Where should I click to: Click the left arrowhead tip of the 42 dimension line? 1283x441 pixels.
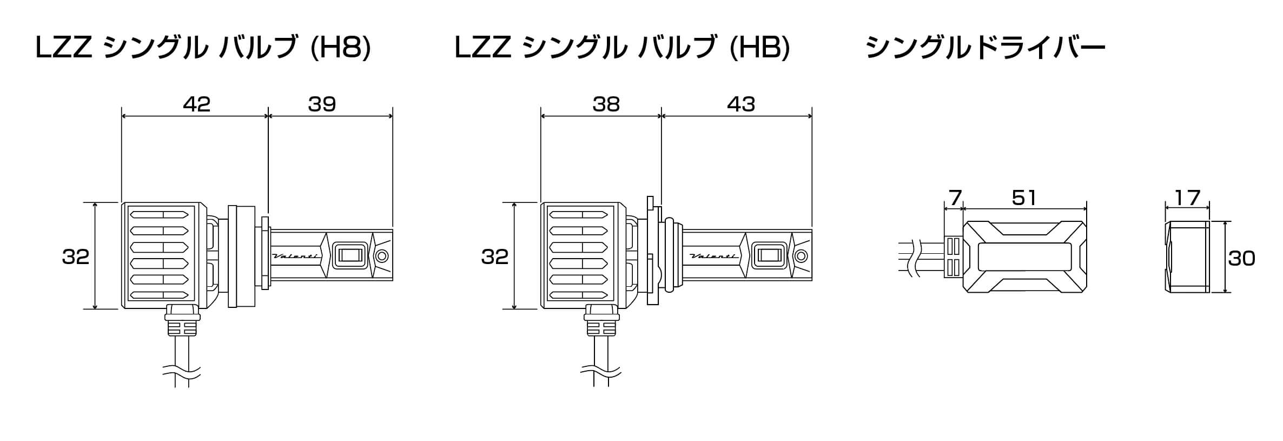[x=122, y=115]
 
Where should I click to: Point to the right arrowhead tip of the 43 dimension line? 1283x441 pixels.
[x=812, y=115]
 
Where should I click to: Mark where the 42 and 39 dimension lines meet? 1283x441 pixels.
[x=268, y=115]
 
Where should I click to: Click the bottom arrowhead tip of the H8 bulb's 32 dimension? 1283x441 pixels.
[x=95, y=309]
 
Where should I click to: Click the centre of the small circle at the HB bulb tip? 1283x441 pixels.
[x=801, y=256]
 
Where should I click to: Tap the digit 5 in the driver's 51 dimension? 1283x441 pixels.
[x=1017, y=198]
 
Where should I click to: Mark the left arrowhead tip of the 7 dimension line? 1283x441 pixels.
[x=944, y=208]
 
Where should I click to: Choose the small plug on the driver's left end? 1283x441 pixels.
[x=954, y=257]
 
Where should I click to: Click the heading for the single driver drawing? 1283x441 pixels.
[x=986, y=48]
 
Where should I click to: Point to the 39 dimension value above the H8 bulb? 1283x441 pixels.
[x=322, y=104]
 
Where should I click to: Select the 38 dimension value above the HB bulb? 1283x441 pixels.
[x=606, y=104]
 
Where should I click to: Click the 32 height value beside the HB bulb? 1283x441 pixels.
[x=494, y=256]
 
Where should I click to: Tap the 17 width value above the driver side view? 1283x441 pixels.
[x=1188, y=198]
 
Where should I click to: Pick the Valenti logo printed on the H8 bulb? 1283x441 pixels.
[x=295, y=256]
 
